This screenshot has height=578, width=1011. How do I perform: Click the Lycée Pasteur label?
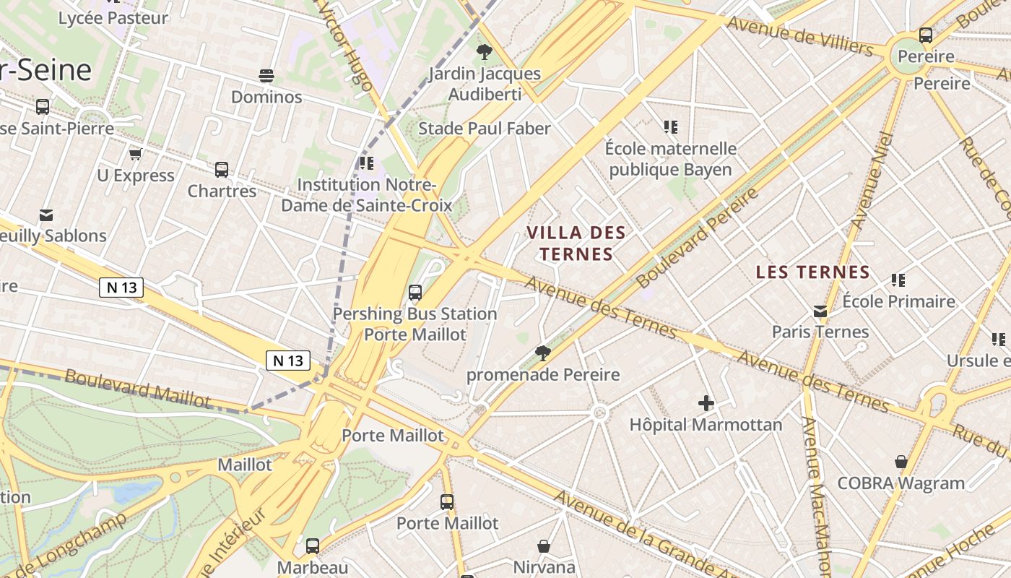pyautogui.click(x=113, y=18)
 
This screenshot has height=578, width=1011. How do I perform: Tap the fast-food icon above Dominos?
pyautogui.click(x=266, y=76)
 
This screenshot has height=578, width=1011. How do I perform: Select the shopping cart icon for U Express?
pyautogui.click(x=135, y=154)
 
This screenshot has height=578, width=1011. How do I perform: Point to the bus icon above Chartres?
pyautogui.click(x=222, y=170)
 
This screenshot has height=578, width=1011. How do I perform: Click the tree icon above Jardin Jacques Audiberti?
pyautogui.click(x=484, y=52)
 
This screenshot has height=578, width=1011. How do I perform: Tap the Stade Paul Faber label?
pyautogui.click(x=484, y=129)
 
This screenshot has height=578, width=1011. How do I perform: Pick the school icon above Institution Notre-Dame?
pyautogui.click(x=366, y=163)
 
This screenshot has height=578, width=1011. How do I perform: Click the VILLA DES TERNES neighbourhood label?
pyautogui.click(x=576, y=243)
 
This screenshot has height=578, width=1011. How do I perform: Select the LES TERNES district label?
pyautogui.click(x=812, y=272)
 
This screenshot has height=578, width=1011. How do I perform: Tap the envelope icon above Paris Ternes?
pyautogui.click(x=820, y=311)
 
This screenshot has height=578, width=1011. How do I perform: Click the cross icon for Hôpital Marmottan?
pyautogui.click(x=706, y=404)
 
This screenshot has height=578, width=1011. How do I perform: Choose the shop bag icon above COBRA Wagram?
pyautogui.click(x=901, y=462)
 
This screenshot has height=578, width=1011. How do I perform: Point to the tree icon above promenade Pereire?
pyautogui.click(x=542, y=353)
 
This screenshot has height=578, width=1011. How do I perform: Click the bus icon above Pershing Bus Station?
pyautogui.click(x=415, y=293)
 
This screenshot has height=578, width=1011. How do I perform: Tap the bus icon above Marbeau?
pyautogui.click(x=312, y=546)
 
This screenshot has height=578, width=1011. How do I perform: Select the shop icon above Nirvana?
pyautogui.click(x=544, y=546)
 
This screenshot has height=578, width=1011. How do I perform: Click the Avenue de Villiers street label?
pyautogui.click(x=800, y=35)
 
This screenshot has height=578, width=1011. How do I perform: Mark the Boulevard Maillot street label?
pyautogui.click(x=137, y=388)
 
